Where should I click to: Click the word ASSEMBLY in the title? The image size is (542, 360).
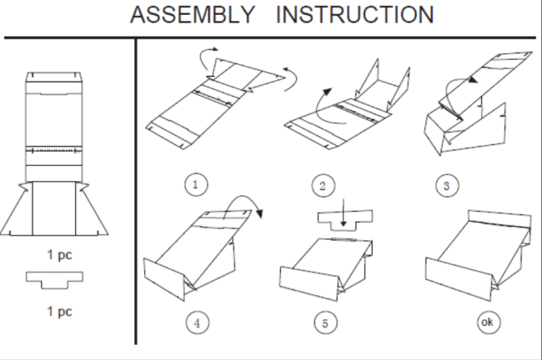(x=193, y=15)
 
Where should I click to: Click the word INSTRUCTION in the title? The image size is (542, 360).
(x=354, y=15)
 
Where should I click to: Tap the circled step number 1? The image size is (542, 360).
(x=196, y=184)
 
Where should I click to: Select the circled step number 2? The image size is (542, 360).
(x=323, y=186)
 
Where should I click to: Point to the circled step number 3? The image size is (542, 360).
(x=447, y=186)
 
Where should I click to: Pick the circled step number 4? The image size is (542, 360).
(x=198, y=323)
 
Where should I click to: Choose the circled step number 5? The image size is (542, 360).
(x=325, y=323)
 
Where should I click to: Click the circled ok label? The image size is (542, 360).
(x=489, y=322)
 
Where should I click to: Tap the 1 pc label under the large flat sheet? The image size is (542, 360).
(x=59, y=255)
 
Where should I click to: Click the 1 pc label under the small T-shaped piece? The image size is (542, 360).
(x=59, y=312)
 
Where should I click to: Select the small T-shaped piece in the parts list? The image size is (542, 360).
(x=54, y=277)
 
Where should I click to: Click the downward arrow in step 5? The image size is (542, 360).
(x=344, y=212)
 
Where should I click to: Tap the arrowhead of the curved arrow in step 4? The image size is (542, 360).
(x=259, y=213)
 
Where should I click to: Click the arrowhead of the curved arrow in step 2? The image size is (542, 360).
(x=327, y=92)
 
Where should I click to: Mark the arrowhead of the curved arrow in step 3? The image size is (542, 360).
(x=473, y=80)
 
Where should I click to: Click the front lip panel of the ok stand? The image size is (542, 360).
(x=459, y=279)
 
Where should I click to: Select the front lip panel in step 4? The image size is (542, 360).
(x=164, y=279)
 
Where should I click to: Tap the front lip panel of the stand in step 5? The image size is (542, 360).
(x=309, y=283)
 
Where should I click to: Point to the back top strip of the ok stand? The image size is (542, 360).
(x=499, y=219)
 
